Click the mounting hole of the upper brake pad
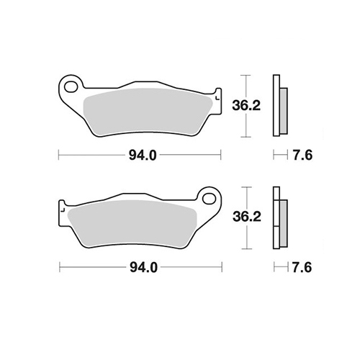coord(71,87)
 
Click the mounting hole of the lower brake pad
coord(209,199)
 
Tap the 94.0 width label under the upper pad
coord(143,156)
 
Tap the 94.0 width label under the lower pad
coord(143,267)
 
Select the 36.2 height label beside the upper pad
coord(246,105)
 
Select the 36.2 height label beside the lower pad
coord(247,217)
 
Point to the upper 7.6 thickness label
coord(302,156)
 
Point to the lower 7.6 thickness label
coord(302,267)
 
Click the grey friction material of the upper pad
coord(147,112)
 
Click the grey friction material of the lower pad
coord(132,223)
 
